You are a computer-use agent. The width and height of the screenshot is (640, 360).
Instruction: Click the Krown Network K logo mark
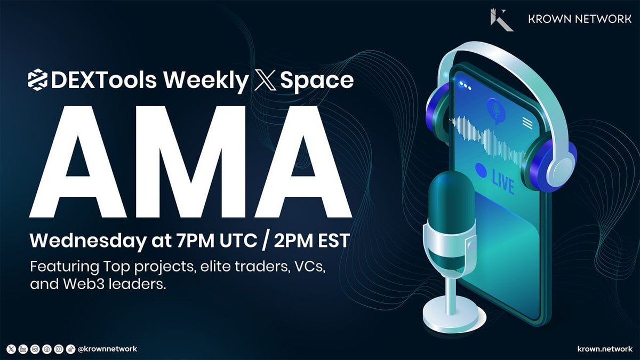501,19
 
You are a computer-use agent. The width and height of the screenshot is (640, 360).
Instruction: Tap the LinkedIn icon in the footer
23,349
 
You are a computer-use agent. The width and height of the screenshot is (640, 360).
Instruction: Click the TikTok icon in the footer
70,349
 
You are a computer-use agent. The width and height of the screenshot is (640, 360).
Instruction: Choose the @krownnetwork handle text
107,349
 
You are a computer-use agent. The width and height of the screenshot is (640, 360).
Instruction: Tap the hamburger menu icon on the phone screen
528,123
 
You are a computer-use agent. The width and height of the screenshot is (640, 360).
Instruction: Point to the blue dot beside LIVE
481,170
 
